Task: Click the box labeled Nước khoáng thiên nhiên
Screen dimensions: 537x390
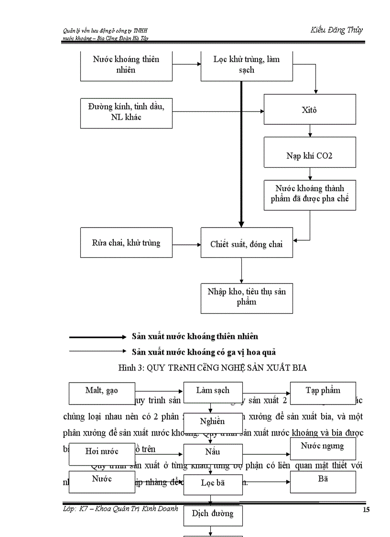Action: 126,65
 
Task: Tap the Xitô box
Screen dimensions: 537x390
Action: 310,110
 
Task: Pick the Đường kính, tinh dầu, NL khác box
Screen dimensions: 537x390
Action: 126,113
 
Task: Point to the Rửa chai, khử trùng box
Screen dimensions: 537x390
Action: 126,242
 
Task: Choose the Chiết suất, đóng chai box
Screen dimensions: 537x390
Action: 247,244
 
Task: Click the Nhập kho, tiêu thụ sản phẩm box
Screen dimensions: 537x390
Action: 247,297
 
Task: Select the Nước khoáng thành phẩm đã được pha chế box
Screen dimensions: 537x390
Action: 310,194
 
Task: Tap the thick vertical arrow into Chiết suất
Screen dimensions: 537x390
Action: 241,153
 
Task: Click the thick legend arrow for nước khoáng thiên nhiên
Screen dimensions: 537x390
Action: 97,337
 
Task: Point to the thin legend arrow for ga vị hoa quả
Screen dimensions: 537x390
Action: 97,351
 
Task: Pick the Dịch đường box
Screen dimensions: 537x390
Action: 213,514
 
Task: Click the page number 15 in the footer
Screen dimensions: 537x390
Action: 366,510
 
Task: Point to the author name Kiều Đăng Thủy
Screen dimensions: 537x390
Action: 336,30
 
